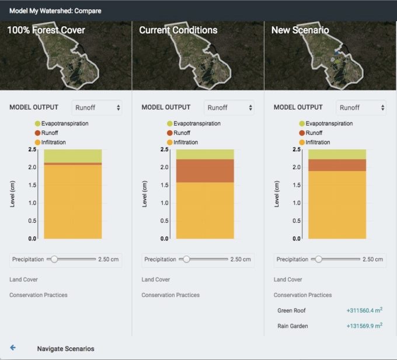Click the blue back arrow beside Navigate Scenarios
[x=13, y=348]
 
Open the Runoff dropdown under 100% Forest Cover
[x=96, y=107]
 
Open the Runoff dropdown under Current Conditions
[x=229, y=107]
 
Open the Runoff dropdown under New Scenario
[x=361, y=107]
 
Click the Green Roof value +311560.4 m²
[x=364, y=310]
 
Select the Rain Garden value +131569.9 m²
[x=364, y=326]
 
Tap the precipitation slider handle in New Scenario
[x=319, y=259]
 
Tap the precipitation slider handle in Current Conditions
[x=187, y=259]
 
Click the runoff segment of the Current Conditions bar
[x=205, y=170]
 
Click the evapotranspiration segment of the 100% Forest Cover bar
[x=73, y=156]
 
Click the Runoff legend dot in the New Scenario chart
[x=302, y=133]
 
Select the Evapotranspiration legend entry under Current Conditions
[x=197, y=124]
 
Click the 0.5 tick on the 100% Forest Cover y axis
[x=32, y=221]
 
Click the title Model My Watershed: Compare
[x=55, y=11]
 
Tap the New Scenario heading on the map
[x=300, y=30]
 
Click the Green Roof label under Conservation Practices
[x=291, y=310]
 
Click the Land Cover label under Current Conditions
[x=156, y=279]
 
